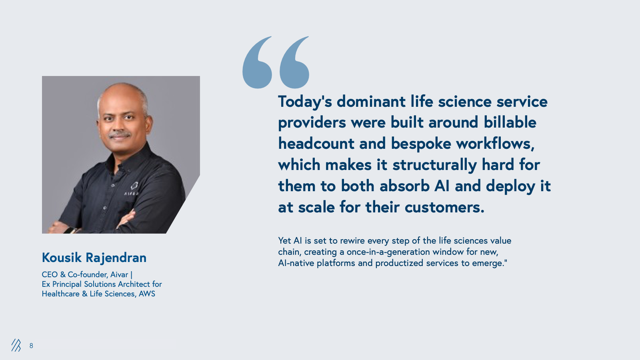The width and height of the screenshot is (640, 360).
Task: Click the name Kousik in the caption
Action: click(x=62, y=258)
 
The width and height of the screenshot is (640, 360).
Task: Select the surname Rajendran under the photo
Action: click(x=116, y=258)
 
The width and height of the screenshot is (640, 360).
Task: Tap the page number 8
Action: click(x=31, y=346)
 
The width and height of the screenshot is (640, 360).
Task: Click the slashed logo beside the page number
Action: click(x=16, y=345)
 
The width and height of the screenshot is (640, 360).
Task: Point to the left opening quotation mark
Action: click(x=257, y=62)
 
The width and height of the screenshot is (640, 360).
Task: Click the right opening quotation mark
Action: click(x=294, y=62)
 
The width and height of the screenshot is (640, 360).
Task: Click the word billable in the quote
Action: click(x=510, y=122)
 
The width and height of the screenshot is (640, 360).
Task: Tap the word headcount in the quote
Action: click(x=316, y=144)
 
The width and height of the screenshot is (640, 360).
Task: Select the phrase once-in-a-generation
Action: click(x=388, y=252)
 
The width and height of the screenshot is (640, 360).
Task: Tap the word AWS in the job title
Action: click(x=147, y=294)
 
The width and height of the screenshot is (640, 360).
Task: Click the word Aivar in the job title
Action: click(x=119, y=274)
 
